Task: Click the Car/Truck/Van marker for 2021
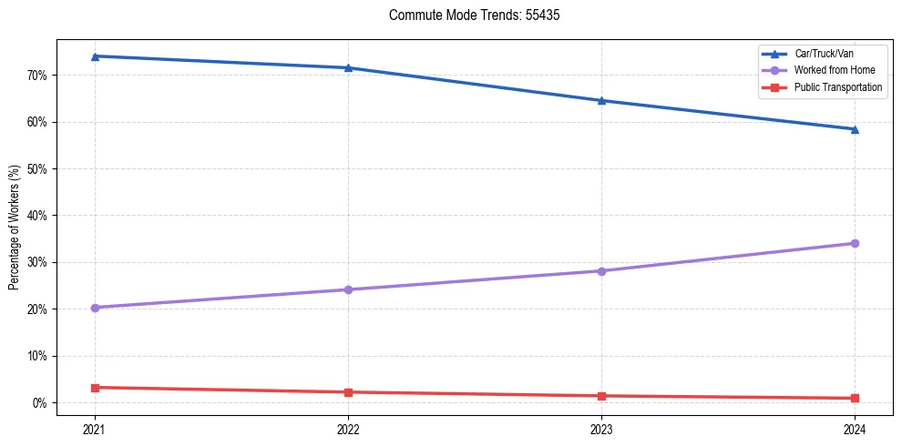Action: coord(95,56)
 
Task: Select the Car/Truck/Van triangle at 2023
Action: coord(601,100)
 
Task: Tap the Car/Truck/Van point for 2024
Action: coord(855,129)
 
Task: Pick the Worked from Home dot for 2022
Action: coord(348,289)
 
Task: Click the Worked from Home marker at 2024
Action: coord(855,243)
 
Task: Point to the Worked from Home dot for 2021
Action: coord(95,308)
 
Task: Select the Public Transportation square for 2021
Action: coord(95,388)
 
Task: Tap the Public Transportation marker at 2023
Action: coord(601,396)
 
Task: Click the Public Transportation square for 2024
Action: coord(855,398)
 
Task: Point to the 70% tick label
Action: coord(37,76)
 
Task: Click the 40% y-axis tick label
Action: coord(37,216)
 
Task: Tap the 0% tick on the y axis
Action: coord(40,403)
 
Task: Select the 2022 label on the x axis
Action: coord(348,428)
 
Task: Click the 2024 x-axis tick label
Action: coord(855,428)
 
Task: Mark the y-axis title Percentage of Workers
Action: coord(14,228)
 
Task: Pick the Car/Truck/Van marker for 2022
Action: coord(348,68)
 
